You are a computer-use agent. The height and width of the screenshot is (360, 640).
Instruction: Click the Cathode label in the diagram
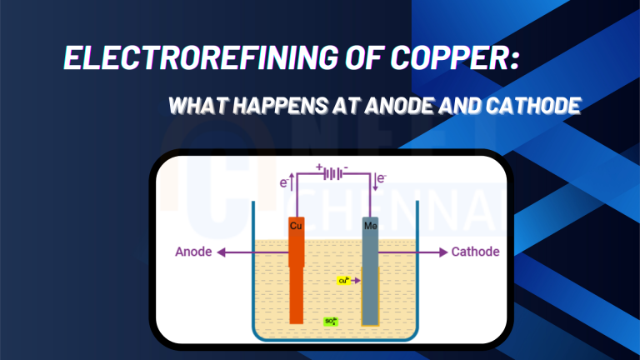(x=475, y=252)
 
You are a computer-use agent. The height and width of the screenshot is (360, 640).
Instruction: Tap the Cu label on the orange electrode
(x=296, y=226)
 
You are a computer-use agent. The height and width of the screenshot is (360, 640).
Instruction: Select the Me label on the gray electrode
(x=370, y=226)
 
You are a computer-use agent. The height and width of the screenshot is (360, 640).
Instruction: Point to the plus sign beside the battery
(x=319, y=167)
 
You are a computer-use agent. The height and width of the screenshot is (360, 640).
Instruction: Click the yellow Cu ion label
(x=342, y=281)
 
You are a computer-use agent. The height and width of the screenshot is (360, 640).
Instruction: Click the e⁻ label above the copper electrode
(x=284, y=181)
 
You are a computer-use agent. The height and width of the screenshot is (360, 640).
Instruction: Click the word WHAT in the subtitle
(x=195, y=107)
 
